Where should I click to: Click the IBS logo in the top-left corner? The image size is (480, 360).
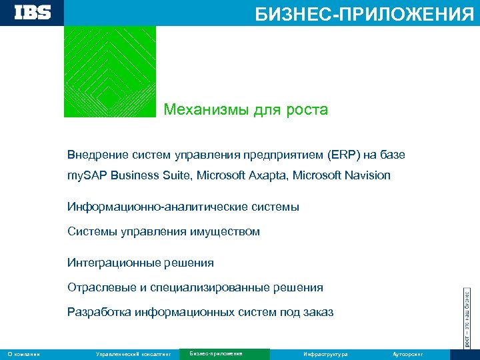click(x=32, y=13)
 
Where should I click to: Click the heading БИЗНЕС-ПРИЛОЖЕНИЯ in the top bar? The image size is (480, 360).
click(x=364, y=13)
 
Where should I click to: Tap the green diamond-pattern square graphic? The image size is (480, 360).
click(x=110, y=71)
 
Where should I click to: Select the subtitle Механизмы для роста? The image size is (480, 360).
click(x=246, y=109)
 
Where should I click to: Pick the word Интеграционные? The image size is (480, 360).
click(x=107, y=263)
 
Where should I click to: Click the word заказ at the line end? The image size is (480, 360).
click(x=317, y=313)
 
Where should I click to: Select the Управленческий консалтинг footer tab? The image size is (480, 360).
click(x=134, y=354)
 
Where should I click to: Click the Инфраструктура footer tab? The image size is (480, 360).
click(x=325, y=354)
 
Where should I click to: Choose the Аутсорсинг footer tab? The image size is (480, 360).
click(x=407, y=354)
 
